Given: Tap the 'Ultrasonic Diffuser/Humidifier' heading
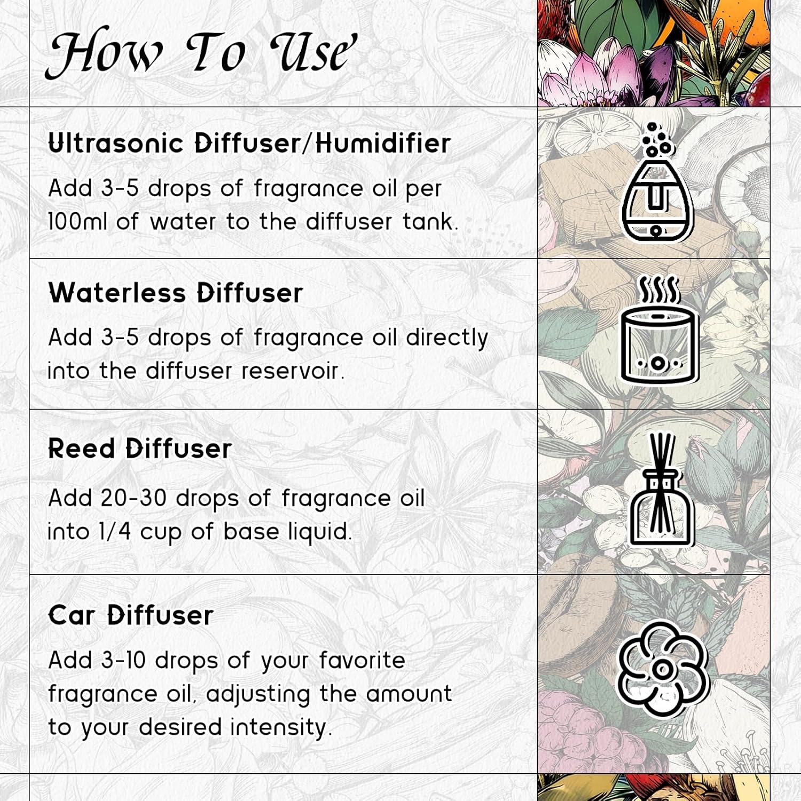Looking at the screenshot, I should pyautogui.click(x=249, y=143).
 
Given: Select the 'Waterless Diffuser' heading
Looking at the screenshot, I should pyautogui.click(x=176, y=293).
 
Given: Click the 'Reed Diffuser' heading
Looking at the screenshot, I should pyautogui.click(x=140, y=449).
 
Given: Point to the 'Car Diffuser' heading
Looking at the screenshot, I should pyautogui.click(x=131, y=615).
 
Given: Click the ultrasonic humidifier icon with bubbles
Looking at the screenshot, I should pyautogui.click(x=657, y=184).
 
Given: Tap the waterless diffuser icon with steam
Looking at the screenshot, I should pyautogui.click(x=659, y=331).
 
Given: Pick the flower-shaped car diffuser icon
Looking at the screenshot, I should pyautogui.click(x=662, y=669).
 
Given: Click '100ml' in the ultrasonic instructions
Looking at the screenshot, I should pyautogui.click(x=77, y=222).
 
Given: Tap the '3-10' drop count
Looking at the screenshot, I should pyautogui.click(x=123, y=661).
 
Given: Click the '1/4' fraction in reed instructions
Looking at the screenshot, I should pyautogui.click(x=114, y=532).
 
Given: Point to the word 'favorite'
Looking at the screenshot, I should pyautogui.click(x=362, y=661).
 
